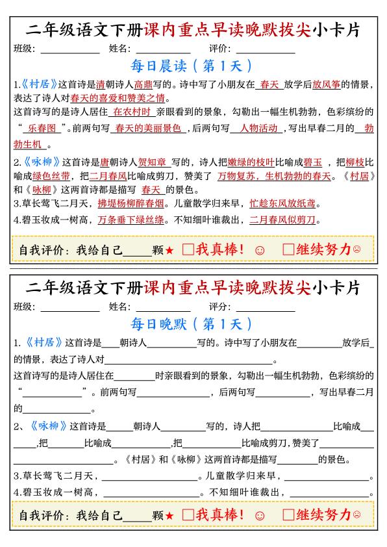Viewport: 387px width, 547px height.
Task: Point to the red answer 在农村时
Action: coord(131,112)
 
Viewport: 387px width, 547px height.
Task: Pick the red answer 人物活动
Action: coord(258,129)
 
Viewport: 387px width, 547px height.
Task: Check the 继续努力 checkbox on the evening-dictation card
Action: coord(288,515)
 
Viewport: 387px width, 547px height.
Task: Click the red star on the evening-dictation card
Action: coord(169,516)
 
